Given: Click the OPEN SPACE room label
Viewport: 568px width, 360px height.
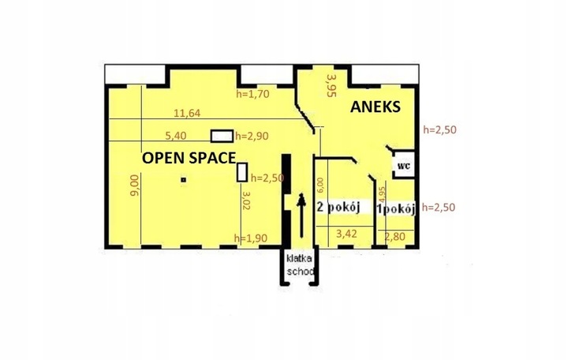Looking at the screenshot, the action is (x=189, y=158).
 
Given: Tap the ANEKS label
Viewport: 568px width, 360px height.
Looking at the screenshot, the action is (x=376, y=107).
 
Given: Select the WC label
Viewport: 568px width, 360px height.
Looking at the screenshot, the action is (x=404, y=166).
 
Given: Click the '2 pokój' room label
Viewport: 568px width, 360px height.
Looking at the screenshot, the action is (x=338, y=207).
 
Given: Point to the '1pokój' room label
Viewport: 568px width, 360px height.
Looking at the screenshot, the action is (x=396, y=209).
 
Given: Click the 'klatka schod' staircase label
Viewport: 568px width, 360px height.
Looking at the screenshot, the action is (x=299, y=265).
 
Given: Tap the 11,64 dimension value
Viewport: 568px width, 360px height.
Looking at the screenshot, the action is (x=187, y=113).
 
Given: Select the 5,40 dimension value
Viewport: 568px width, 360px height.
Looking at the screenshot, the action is (x=176, y=136).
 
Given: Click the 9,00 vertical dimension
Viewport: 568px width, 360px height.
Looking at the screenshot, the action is (x=134, y=186).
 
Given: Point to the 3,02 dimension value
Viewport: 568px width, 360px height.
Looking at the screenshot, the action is (x=246, y=201).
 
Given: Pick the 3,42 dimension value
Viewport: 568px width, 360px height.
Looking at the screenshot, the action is (x=346, y=234).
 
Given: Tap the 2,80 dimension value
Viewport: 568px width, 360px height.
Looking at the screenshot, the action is (x=395, y=237).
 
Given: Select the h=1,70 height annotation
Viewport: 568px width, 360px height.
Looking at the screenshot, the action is (x=253, y=94).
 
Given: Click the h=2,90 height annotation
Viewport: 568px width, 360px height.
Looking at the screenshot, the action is (x=252, y=136).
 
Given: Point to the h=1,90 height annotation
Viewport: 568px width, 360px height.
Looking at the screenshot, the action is (x=251, y=238).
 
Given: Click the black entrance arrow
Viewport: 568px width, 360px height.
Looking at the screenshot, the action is (x=301, y=216).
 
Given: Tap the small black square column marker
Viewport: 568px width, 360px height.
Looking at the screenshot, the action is (x=184, y=180).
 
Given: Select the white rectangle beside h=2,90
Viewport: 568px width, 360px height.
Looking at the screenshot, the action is (x=222, y=136).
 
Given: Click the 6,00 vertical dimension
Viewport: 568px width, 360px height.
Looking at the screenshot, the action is (x=320, y=185).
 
